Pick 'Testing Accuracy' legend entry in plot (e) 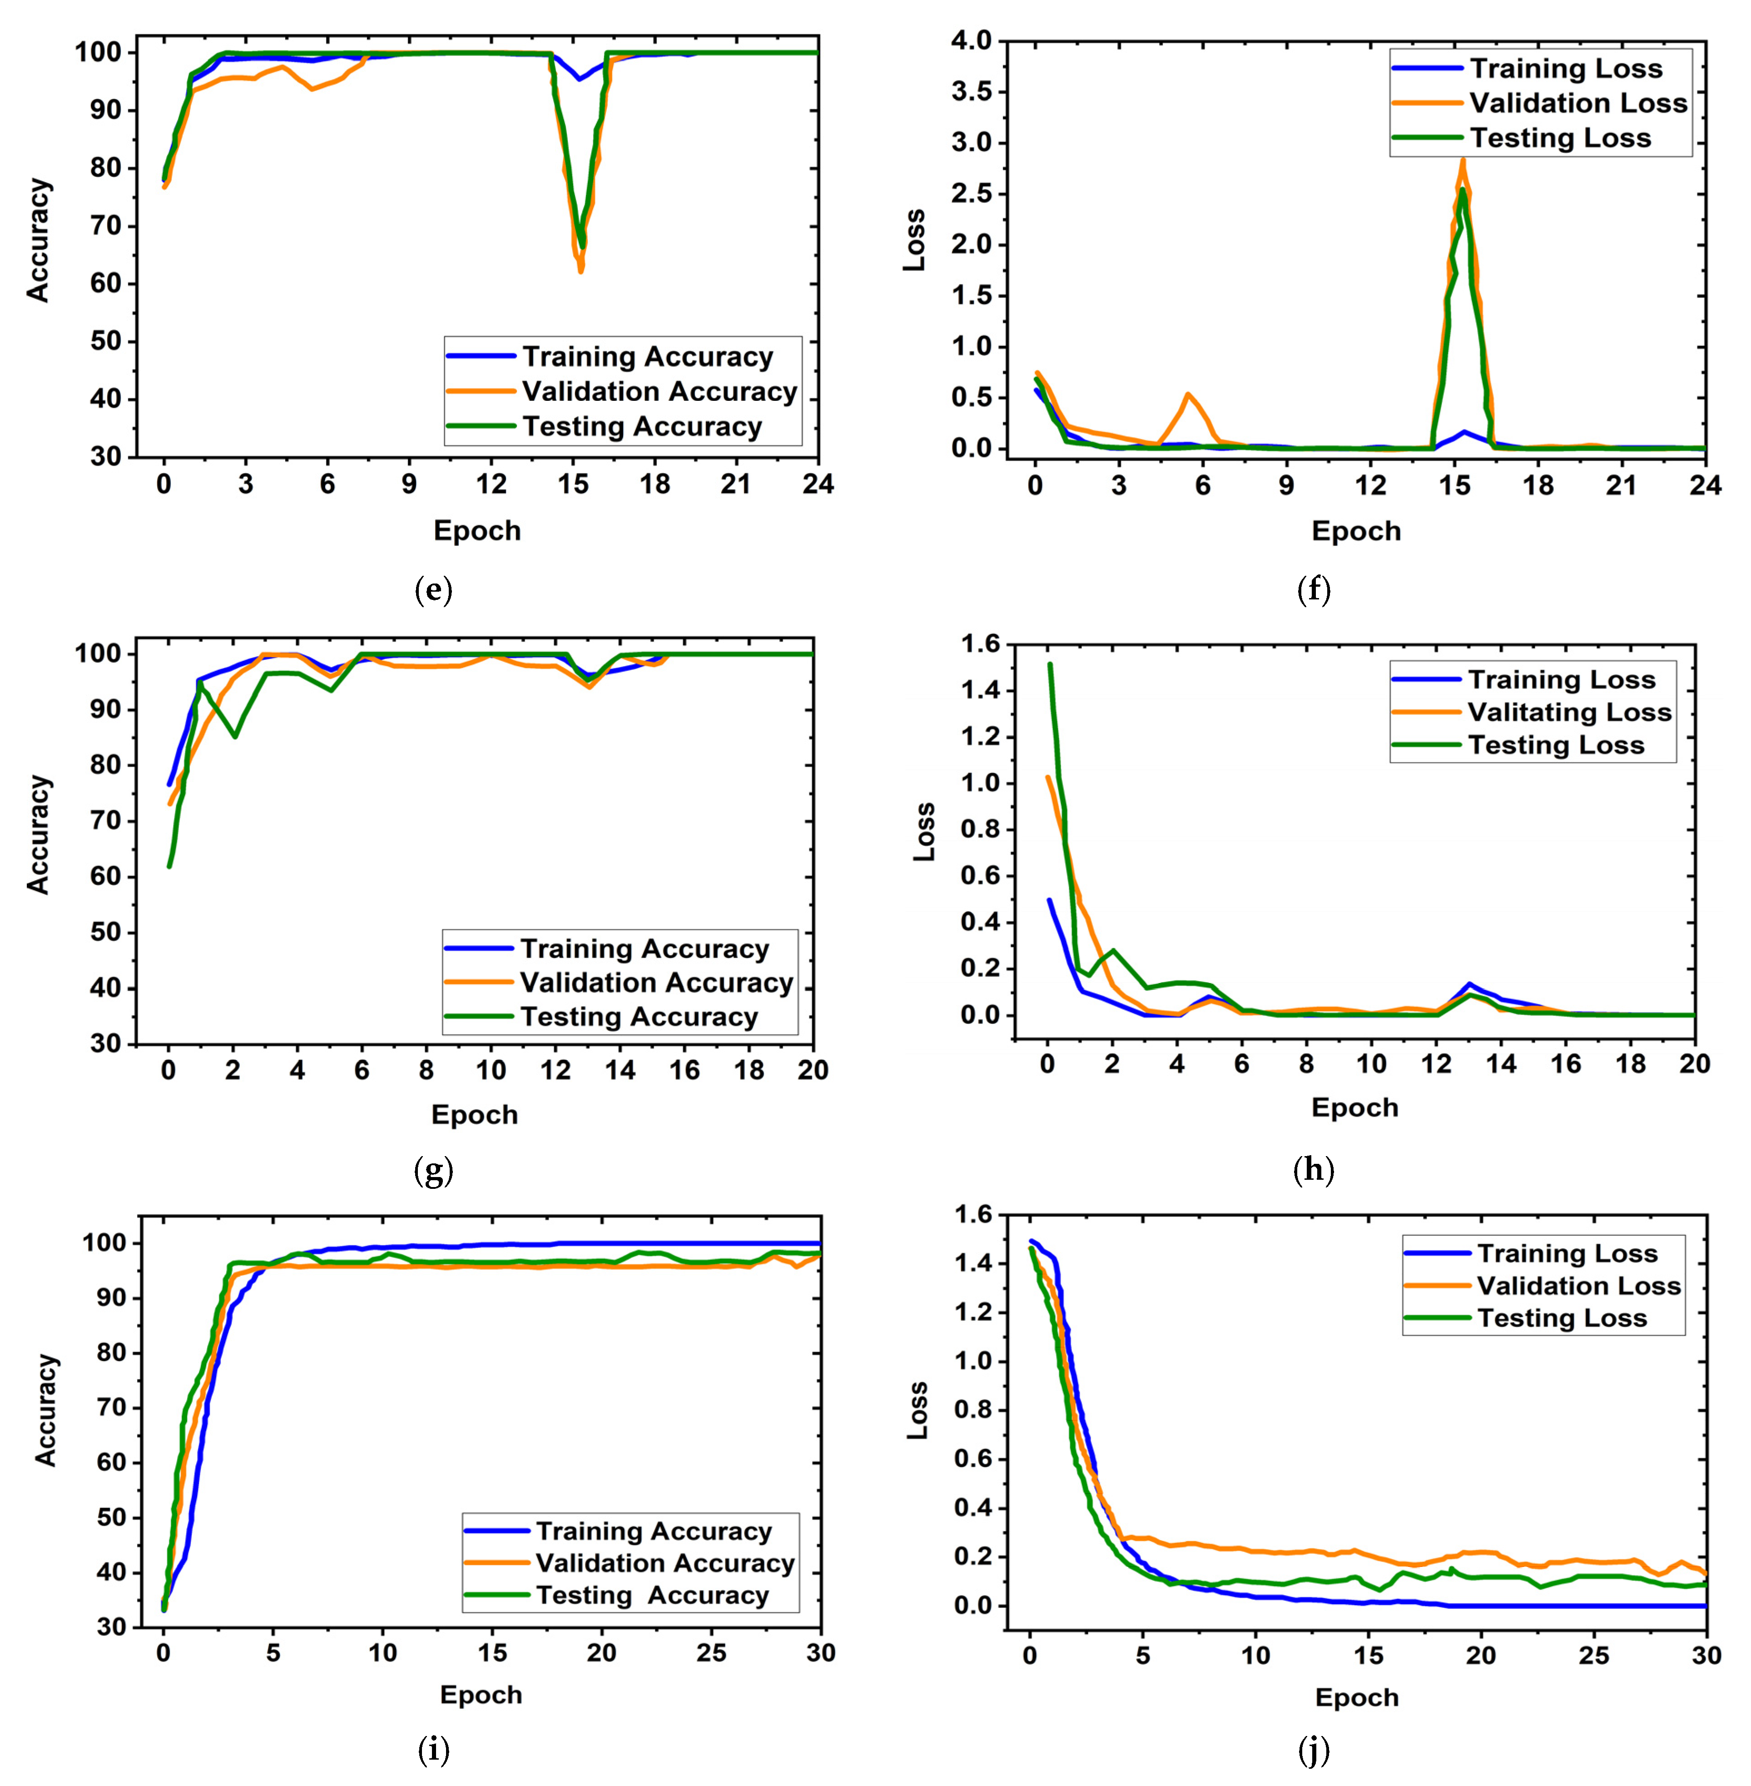pyautogui.click(x=642, y=427)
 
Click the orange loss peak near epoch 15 pyautogui.click(x=1462, y=161)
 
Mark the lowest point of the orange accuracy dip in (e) pyautogui.click(x=580, y=270)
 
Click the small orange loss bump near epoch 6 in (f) pyautogui.click(x=1188, y=395)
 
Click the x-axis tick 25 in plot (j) pyautogui.click(x=1594, y=1654)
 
